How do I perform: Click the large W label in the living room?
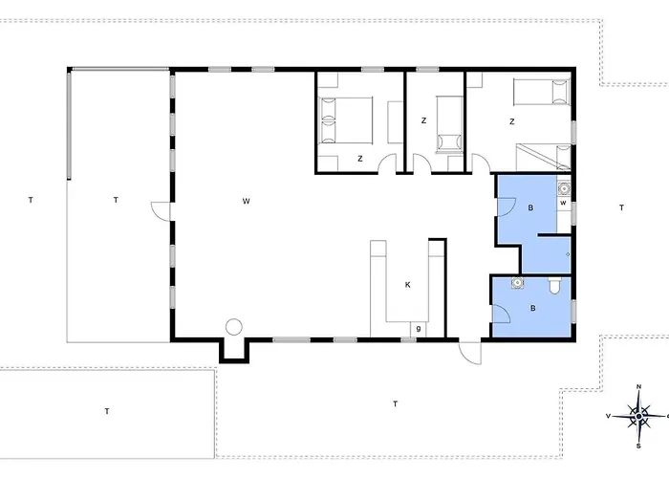point(247,201)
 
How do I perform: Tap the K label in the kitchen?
point(407,285)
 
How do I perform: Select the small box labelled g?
point(419,329)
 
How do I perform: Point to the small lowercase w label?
point(563,203)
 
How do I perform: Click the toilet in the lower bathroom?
point(554,286)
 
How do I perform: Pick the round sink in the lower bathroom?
point(518,283)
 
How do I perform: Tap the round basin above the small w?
point(564,187)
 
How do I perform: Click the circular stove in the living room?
point(234,327)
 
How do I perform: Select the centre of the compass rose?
point(638,416)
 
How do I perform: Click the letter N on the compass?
point(638,387)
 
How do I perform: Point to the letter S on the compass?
point(638,446)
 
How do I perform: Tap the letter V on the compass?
point(609,416)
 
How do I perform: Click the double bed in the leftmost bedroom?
point(346,119)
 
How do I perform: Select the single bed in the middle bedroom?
point(449,124)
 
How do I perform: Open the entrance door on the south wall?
point(470,353)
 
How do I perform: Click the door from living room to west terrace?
point(162,211)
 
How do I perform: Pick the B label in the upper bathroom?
point(530,207)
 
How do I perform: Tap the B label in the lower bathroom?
point(533,308)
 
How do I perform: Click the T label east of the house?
point(621,207)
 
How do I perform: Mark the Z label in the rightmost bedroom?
point(512,121)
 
